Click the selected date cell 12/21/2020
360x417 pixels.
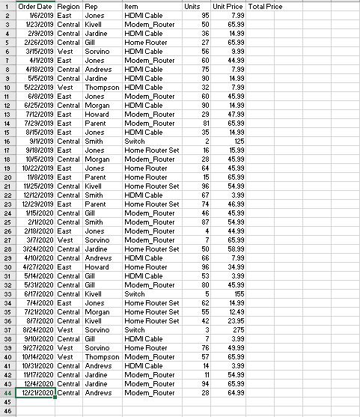click(36, 392)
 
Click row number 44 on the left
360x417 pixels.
click(7, 392)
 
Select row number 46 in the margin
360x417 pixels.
click(7, 410)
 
